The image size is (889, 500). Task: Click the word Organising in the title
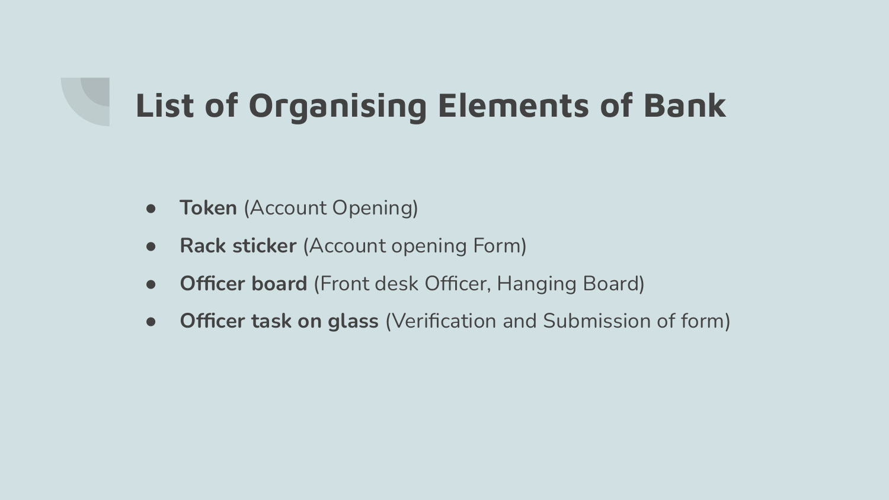tap(337, 107)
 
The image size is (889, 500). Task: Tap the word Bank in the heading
tap(685, 105)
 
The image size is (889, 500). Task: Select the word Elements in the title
tap(514, 105)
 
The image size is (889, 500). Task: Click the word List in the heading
tap(165, 105)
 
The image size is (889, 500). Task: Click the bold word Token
tap(209, 207)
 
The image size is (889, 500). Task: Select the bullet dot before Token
tap(151, 209)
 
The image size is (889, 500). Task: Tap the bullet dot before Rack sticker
tap(151, 246)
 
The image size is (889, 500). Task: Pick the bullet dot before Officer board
tap(151, 284)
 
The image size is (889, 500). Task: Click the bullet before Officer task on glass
tap(151, 322)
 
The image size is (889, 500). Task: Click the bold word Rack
tap(203, 246)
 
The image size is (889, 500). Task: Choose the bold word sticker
tap(264, 246)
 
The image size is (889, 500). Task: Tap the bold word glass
tap(353, 322)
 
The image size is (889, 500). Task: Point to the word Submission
tap(597, 321)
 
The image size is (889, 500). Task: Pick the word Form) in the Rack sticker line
tap(500, 246)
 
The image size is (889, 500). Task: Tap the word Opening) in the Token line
tap(375, 209)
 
